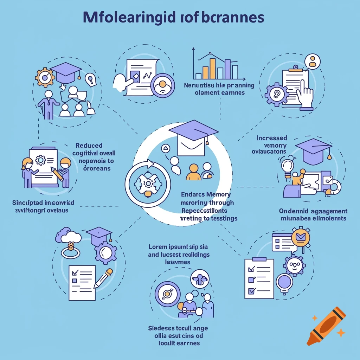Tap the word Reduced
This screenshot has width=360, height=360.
click(x=89, y=146)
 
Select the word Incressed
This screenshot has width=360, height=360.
click(x=271, y=138)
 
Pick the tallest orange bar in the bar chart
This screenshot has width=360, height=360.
click(x=212, y=68)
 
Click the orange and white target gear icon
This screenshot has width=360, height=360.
click(x=45, y=77)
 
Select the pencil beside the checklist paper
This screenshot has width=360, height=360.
click(x=103, y=278)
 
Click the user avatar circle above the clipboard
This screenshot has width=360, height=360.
click(x=311, y=62)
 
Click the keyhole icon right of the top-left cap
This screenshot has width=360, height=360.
click(x=91, y=79)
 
